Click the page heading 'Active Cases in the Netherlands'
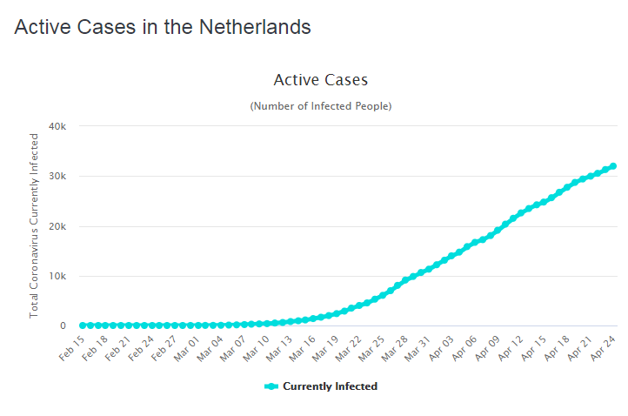coord(163,27)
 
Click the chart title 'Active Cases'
coord(321,80)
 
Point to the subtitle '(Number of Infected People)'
coord(321,106)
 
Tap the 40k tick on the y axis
coord(57,126)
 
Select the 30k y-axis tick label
coord(57,177)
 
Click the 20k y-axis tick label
coord(57,226)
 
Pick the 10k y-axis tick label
coord(57,277)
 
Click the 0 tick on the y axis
coord(63,326)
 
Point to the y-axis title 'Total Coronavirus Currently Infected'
coord(35,225)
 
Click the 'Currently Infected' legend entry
coord(321,386)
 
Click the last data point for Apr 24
coord(613,166)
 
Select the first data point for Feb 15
coord(83,325)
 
